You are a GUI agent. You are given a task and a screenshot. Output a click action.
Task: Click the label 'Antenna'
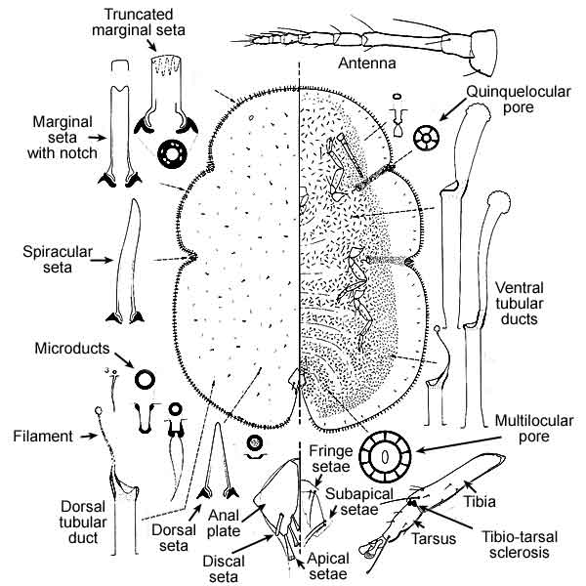(x=367, y=65)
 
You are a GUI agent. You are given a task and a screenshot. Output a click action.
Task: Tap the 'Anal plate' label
(x=230, y=525)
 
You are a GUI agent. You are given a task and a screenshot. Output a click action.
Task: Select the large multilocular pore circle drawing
(x=385, y=455)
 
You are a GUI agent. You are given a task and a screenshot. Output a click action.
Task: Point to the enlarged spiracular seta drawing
(x=127, y=264)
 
